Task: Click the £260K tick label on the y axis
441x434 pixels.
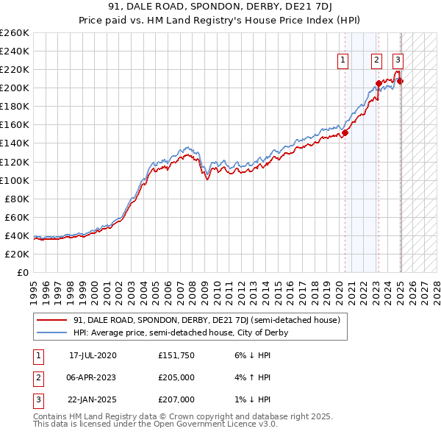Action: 14,33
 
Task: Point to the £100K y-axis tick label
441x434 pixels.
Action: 14,180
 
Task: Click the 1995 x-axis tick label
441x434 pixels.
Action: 34,288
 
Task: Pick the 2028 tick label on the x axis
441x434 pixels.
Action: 437,288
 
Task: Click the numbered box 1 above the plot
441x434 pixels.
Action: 343,61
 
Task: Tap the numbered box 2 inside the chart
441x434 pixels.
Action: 376,61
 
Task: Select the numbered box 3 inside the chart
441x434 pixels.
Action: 398,61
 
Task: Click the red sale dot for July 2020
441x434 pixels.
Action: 345,132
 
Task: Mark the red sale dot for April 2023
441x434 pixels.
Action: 379,83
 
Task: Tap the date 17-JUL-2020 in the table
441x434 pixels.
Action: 93,355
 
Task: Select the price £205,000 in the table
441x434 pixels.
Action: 176,377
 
